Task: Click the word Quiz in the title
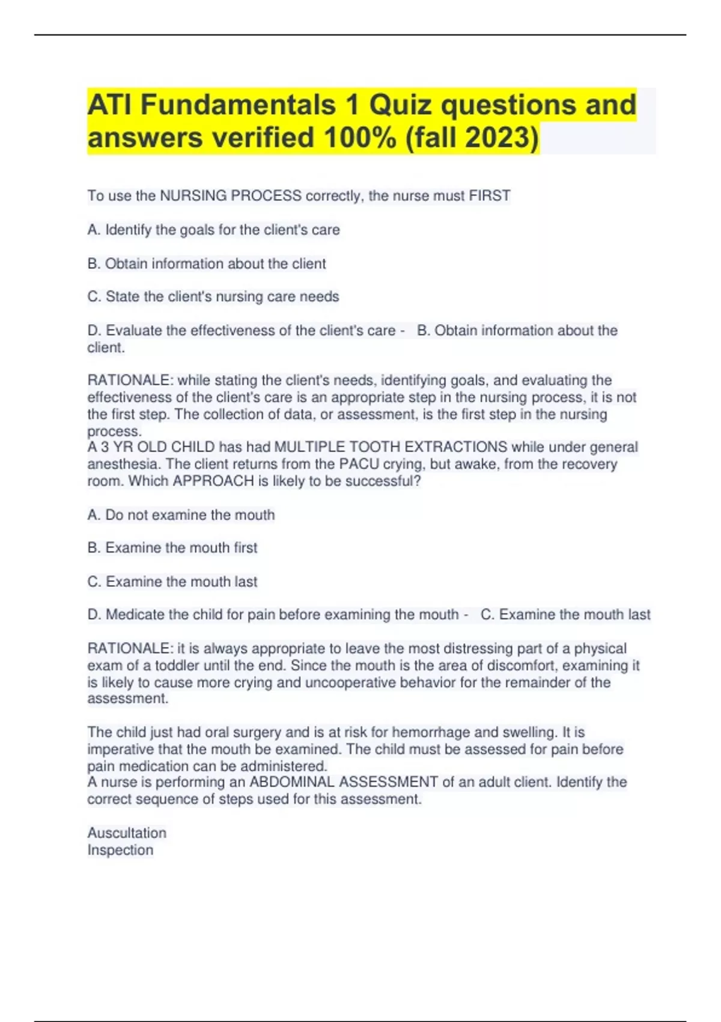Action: point(400,105)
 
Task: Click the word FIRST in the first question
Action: point(490,196)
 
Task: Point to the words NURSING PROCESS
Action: point(231,196)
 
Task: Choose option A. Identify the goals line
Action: point(213,230)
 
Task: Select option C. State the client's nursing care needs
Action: point(213,296)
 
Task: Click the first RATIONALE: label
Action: point(130,381)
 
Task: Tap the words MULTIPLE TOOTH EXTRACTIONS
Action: point(391,447)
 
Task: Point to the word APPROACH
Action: point(213,481)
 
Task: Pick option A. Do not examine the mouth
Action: point(181,515)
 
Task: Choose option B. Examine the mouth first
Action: point(172,548)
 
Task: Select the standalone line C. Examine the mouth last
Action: point(172,581)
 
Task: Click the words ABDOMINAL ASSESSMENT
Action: point(344,782)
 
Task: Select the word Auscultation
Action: point(127,833)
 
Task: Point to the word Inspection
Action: point(120,850)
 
